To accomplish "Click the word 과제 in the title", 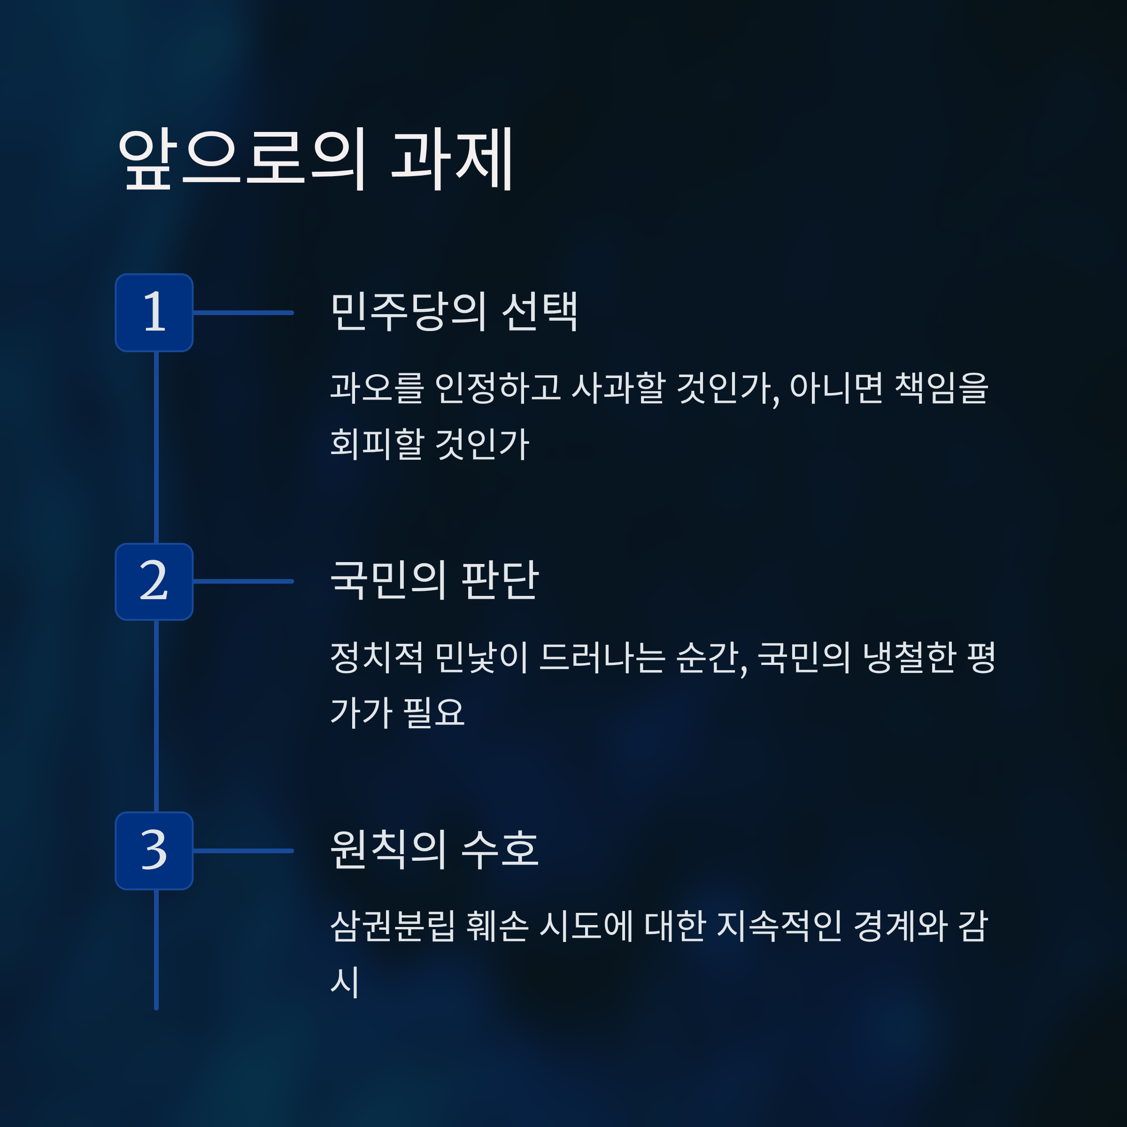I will (x=452, y=159).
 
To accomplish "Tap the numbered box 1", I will (x=154, y=313).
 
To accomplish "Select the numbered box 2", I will (x=154, y=582).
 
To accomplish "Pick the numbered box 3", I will (x=154, y=850).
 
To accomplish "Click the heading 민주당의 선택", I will (x=454, y=312).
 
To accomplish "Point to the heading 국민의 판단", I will (x=434, y=580).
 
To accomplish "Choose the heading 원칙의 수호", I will (x=434, y=849).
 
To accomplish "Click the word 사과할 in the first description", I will (x=618, y=387).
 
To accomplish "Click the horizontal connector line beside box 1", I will (x=243, y=313).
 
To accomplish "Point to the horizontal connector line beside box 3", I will (x=243, y=850).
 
